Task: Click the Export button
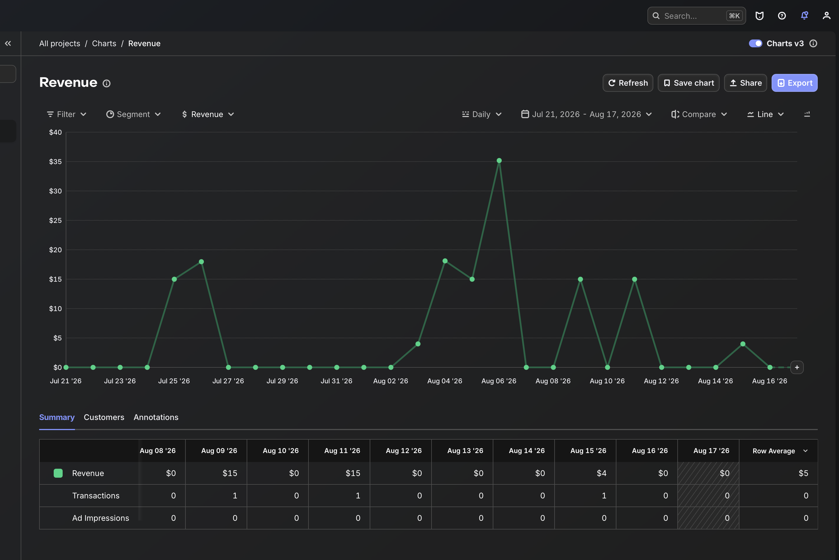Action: click(x=795, y=83)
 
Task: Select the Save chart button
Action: click(x=689, y=83)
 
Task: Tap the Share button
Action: click(x=745, y=83)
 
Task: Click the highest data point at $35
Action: click(x=499, y=161)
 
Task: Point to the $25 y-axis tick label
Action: click(x=55, y=220)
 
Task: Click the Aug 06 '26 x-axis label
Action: click(x=499, y=381)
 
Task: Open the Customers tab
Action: click(x=104, y=417)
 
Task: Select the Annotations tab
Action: click(x=156, y=417)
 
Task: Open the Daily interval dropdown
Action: click(x=482, y=114)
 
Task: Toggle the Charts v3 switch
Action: click(x=755, y=44)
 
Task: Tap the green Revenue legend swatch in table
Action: click(x=58, y=473)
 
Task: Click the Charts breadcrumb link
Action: click(x=104, y=44)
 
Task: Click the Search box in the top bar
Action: click(x=696, y=16)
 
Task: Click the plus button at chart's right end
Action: click(x=797, y=367)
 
